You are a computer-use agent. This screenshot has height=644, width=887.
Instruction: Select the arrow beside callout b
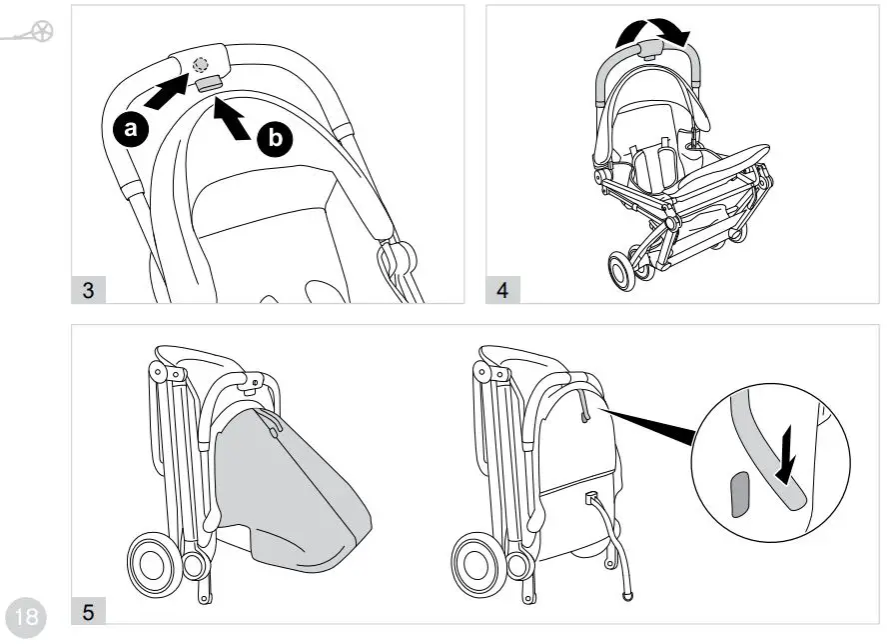pyautogui.click(x=233, y=115)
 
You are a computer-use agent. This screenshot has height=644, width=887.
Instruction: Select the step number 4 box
pyautogui.click(x=501, y=291)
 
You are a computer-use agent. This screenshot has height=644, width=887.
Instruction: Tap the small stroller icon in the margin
pyautogui.click(x=32, y=33)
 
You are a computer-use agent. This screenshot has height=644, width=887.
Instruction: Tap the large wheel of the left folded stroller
pyautogui.click(x=156, y=564)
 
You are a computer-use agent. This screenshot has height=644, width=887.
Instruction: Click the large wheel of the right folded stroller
pyautogui.click(x=476, y=564)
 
